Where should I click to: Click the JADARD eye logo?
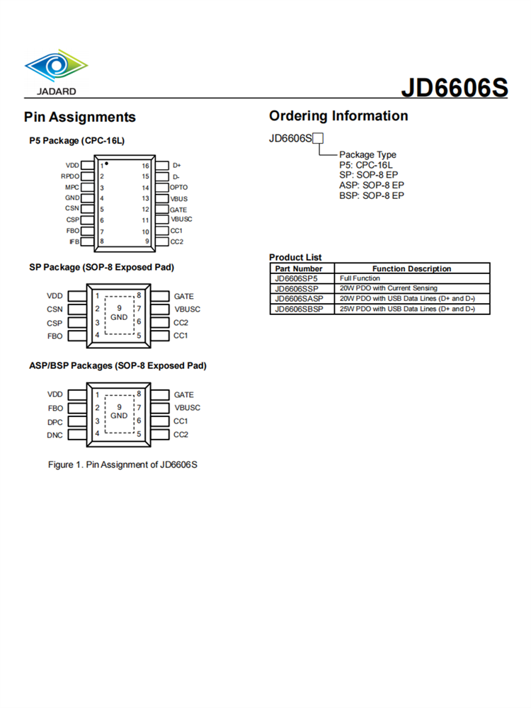56,67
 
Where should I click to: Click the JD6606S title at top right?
455,87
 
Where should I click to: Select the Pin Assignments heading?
79,117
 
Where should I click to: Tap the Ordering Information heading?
338,116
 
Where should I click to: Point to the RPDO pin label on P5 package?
70,176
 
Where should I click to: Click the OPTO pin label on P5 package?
179,188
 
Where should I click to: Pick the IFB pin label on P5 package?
74,241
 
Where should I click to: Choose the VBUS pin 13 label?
179,199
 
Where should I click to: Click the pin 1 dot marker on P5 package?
106,164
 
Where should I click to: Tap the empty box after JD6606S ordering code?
319,138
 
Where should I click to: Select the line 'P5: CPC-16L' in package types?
366,165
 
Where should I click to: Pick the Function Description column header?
411,269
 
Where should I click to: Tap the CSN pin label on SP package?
55,309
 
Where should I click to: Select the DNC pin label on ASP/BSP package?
55,435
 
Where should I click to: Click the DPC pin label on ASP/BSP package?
55,421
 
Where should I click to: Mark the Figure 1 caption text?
122,464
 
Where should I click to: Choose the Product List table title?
295,258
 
